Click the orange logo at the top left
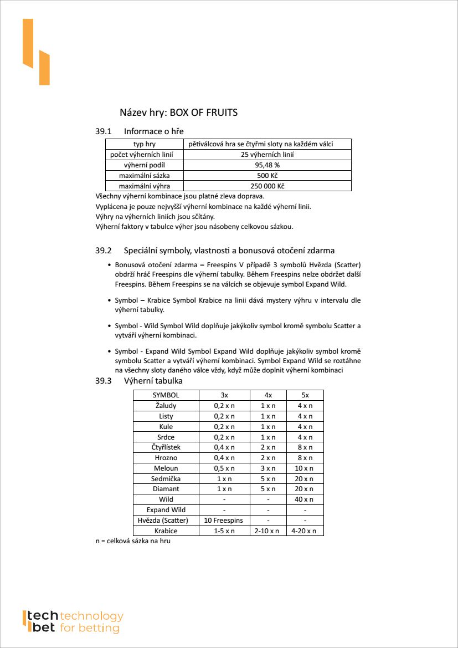point(36,52)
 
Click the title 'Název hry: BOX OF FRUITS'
point(178,113)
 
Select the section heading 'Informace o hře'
point(153,131)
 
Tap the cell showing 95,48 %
point(267,165)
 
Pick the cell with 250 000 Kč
point(267,186)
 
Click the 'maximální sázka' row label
point(144,176)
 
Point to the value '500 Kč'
point(267,176)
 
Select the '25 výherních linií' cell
point(267,155)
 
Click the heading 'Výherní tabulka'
point(153,381)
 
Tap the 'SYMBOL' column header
point(166,395)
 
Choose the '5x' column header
point(305,395)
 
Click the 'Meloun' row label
point(166,468)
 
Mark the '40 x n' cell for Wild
point(305,499)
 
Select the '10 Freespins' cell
point(224,521)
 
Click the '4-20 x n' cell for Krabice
point(305,531)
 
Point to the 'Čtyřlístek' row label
point(166,447)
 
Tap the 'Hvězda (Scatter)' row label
point(166,521)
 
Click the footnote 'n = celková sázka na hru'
point(133,541)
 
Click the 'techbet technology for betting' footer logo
point(73,622)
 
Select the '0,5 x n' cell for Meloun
point(224,468)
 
